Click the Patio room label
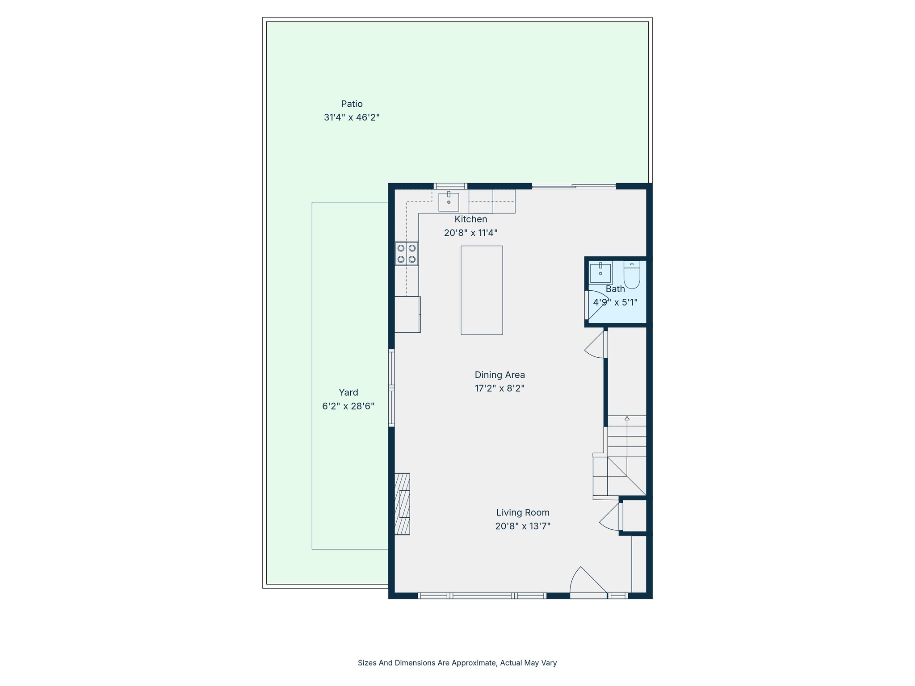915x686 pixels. click(x=352, y=104)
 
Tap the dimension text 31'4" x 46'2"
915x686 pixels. click(x=352, y=117)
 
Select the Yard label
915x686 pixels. click(x=348, y=392)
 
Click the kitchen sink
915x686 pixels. click(x=449, y=202)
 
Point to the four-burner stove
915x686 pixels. click(x=407, y=254)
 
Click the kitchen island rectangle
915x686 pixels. click(x=482, y=290)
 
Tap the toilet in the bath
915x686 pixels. click(x=632, y=276)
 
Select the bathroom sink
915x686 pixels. click(x=600, y=273)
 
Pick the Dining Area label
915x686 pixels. click(x=499, y=375)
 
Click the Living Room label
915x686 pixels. click(x=523, y=512)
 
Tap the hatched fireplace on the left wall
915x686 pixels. click(x=402, y=504)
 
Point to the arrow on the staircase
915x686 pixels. click(x=627, y=418)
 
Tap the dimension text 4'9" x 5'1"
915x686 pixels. click(x=615, y=302)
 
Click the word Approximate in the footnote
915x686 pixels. click(x=474, y=663)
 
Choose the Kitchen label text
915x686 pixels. click(x=470, y=219)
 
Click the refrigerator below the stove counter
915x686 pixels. click(x=407, y=314)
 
